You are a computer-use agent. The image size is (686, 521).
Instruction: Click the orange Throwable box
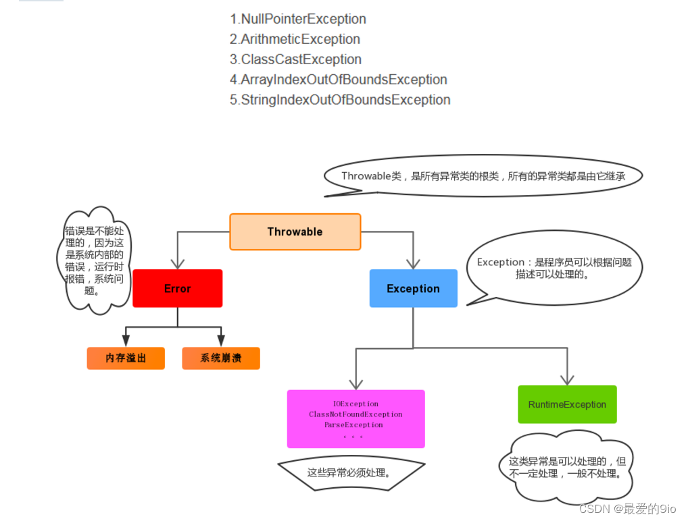(295, 231)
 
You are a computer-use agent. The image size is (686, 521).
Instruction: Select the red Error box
(177, 288)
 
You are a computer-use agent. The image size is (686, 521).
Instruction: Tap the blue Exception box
(413, 288)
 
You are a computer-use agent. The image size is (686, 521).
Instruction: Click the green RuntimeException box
(567, 404)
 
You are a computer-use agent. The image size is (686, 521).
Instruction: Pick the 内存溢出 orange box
(126, 358)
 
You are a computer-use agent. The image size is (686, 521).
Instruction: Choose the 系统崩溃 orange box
(221, 358)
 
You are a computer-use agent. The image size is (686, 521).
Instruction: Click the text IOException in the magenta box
(356, 404)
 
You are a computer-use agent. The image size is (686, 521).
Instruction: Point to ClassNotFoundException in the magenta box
(356, 414)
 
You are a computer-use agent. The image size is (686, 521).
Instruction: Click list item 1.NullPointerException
(298, 19)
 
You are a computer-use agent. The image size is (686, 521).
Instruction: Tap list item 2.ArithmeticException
(295, 39)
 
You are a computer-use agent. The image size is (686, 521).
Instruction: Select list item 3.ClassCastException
(295, 59)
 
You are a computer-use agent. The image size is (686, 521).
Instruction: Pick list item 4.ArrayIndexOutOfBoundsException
(339, 80)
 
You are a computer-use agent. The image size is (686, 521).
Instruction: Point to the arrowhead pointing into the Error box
(178, 263)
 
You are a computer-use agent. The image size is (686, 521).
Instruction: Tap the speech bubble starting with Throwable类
(483, 176)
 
